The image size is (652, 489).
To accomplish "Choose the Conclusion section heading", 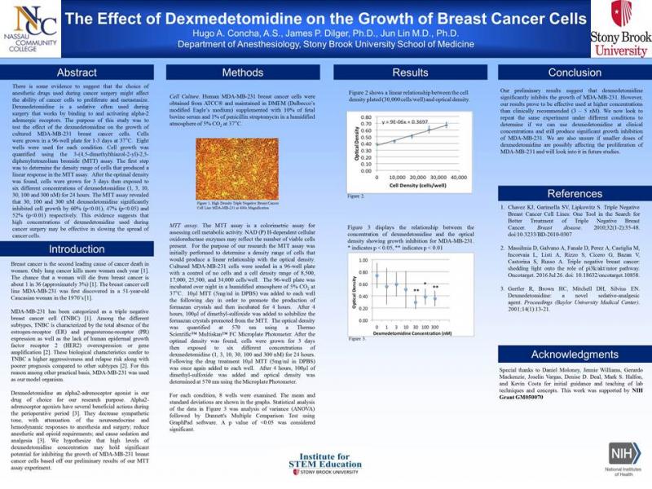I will (563, 73).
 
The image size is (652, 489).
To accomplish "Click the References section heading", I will (563, 194).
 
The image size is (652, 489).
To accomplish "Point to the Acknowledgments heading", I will (563, 355).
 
